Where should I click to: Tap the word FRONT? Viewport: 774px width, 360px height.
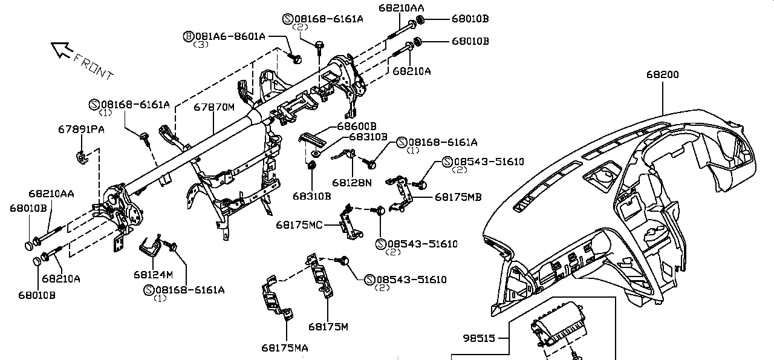(94, 66)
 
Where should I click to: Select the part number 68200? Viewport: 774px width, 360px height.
(662, 75)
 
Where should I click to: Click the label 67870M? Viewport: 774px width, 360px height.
(214, 108)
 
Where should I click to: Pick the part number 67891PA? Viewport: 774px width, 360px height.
(81, 129)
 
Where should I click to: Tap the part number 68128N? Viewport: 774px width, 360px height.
(352, 182)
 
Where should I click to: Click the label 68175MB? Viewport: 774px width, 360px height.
(458, 197)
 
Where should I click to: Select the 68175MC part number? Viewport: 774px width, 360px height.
(299, 224)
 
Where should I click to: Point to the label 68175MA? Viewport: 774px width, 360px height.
(285, 348)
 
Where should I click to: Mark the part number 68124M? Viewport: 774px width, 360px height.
(153, 274)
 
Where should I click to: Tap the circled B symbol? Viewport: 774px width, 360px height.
(188, 36)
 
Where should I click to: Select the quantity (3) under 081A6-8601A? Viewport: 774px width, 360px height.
(201, 45)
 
